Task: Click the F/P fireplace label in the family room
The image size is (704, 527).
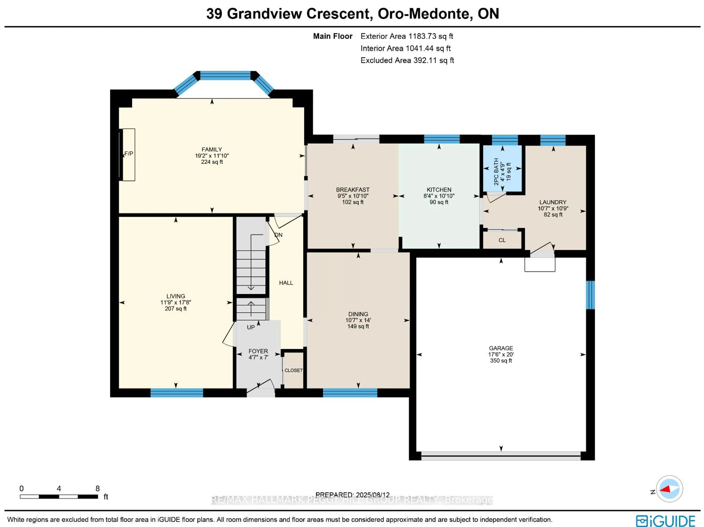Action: click(129, 154)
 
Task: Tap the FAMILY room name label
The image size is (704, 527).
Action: click(212, 149)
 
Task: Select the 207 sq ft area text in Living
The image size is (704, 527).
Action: click(176, 308)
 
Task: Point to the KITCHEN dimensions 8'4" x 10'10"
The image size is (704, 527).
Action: click(439, 196)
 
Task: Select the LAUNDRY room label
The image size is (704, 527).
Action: click(553, 202)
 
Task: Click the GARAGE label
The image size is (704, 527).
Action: click(501, 348)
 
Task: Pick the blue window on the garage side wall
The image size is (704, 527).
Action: click(590, 295)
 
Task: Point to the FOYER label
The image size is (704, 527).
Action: click(258, 351)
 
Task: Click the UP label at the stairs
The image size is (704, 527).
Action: click(251, 327)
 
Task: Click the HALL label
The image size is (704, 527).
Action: click(286, 283)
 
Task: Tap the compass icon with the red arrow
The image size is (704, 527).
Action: click(670, 489)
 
